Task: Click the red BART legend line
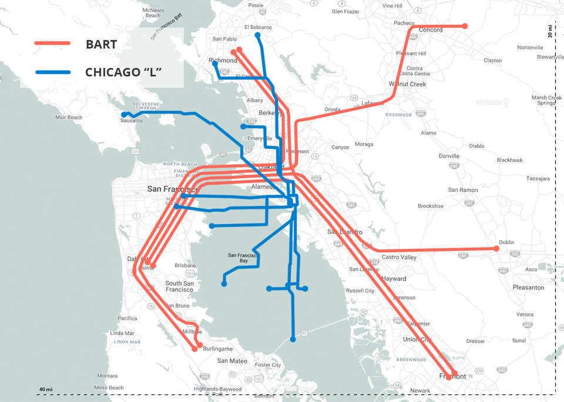[x=52, y=43]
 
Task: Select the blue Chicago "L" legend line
[x=52, y=72]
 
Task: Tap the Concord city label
[x=431, y=30]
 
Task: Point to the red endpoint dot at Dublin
[x=496, y=249]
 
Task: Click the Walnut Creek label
[x=407, y=84]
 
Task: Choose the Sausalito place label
[x=131, y=121]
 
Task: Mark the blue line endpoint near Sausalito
[x=124, y=114]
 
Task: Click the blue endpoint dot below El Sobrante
[x=257, y=35]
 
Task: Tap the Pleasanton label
[x=528, y=288]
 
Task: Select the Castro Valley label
[x=399, y=258]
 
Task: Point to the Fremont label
[x=452, y=376]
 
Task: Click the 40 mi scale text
[x=46, y=389]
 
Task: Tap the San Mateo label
[x=232, y=361]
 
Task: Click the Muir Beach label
[x=69, y=117]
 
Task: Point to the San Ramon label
[x=463, y=190]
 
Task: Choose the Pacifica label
[x=127, y=319]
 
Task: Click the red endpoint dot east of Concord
[x=465, y=26]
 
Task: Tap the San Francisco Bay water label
[x=241, y=258]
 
